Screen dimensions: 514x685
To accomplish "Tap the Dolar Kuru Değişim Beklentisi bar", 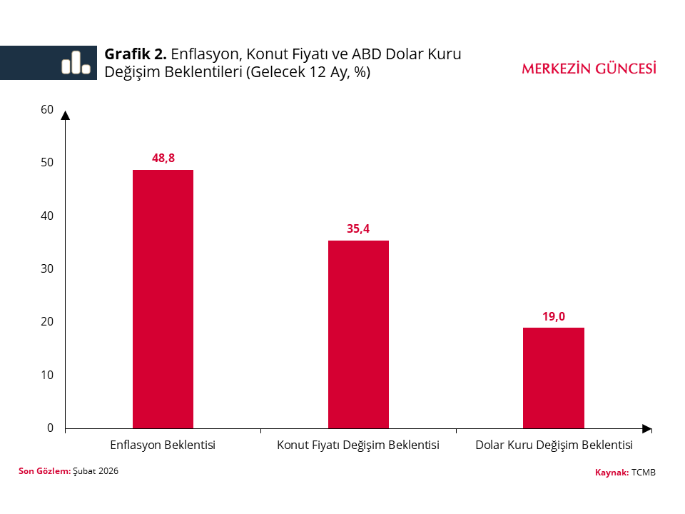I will [553, 378].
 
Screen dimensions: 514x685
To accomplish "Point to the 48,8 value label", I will [163, 158].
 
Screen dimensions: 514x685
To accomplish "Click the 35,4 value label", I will [358, 229].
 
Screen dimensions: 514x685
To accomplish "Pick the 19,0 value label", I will [553, 316].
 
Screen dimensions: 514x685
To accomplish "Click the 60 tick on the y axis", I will [47, 109].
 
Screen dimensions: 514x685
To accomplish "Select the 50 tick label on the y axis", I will [47, 163].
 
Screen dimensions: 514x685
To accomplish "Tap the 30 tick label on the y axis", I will [47, 269].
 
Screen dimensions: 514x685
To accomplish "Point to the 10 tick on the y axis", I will [47, 375].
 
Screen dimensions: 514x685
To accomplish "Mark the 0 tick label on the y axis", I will [50, 428].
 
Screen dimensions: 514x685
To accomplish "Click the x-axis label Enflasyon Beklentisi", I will [163, 445].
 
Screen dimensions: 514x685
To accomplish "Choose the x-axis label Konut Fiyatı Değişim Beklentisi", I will [358, 445].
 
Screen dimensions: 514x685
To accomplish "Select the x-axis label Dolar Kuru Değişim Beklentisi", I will [554, 445].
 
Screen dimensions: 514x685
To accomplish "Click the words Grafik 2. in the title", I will [136, 54].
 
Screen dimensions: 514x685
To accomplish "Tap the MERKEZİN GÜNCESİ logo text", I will [589, 69].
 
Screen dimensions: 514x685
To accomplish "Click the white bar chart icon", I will [76, 63].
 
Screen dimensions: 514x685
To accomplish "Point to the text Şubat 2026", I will [96, 471].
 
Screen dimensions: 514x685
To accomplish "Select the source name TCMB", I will [643, 473].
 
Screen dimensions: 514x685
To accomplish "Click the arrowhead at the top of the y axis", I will [65, 115].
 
